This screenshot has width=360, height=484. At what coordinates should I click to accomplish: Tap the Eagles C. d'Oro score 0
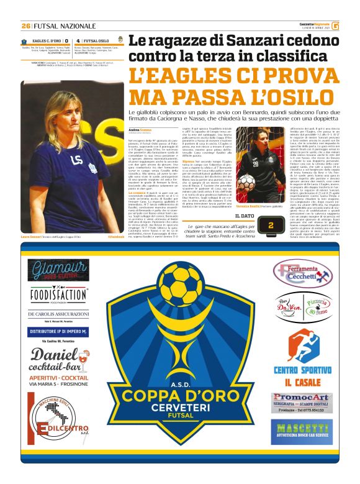click(x=66, y=40)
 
